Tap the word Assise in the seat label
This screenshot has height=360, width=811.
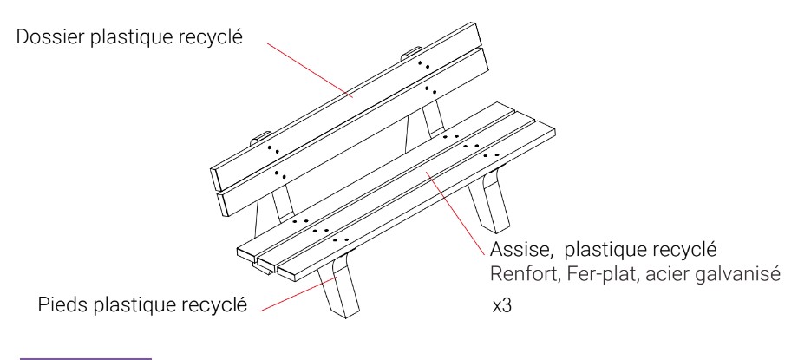point(515,252)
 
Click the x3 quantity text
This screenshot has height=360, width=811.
point(500,308)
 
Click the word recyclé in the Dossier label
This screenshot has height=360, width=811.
point(210,38)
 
